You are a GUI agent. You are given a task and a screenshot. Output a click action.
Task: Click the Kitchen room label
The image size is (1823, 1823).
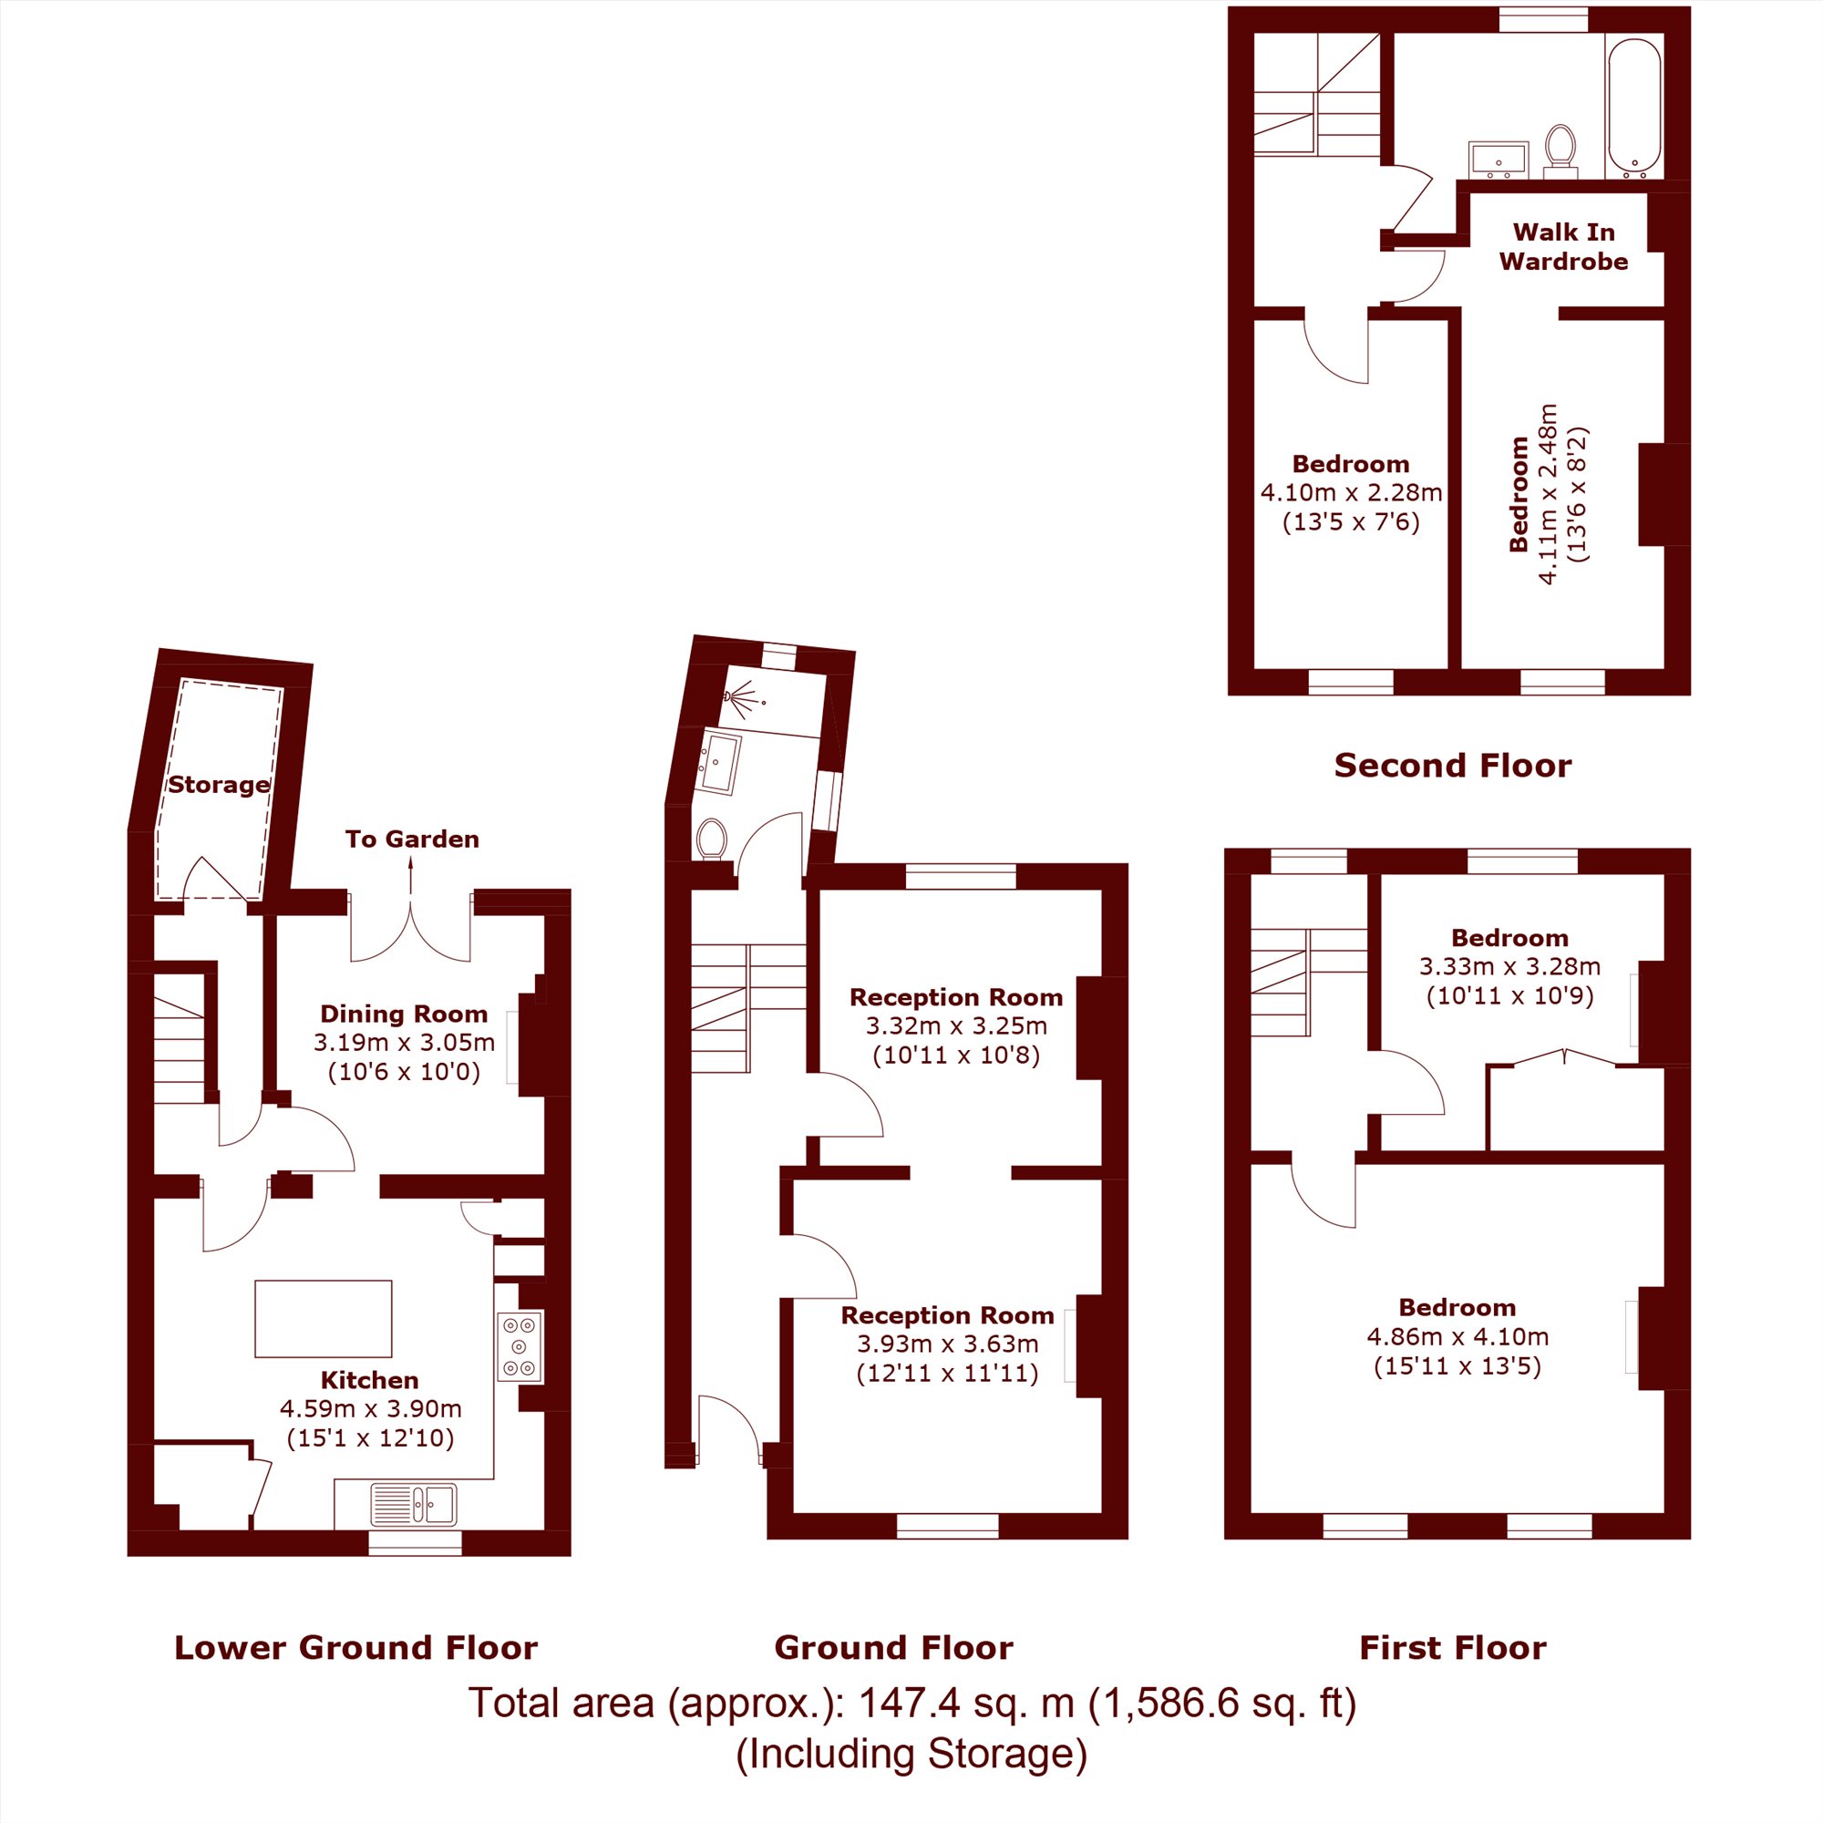point(370,1380)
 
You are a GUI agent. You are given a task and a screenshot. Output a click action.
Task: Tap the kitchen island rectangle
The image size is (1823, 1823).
point(323,1318)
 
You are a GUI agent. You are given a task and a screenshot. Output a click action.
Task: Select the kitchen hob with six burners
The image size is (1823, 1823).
point(520,1347)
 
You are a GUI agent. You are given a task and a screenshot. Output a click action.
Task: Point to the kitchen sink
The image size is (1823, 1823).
point(413,1505)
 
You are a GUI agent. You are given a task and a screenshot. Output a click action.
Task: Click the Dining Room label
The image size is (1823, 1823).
point(404,1014)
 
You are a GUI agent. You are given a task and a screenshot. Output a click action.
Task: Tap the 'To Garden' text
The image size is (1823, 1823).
point(412,839)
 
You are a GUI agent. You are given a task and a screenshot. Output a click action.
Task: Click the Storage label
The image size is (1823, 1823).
point(219,785)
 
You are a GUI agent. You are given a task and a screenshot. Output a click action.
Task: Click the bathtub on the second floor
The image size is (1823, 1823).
point(1633,108)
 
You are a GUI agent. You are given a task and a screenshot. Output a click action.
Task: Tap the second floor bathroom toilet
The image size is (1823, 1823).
point(1560,151)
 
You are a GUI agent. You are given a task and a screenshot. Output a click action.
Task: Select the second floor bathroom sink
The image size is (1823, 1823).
point(1499,159)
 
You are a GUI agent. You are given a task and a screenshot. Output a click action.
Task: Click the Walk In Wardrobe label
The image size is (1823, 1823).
point(1563,246)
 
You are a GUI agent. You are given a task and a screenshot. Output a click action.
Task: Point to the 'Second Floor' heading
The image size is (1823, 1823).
point(1453,766)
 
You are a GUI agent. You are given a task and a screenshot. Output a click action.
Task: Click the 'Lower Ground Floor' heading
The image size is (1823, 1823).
point(355,1647)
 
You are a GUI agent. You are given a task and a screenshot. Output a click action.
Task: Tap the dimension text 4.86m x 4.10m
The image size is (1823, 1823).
point(1457,1337)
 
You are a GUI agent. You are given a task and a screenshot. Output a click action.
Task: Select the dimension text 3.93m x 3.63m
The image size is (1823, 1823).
point(947,1344)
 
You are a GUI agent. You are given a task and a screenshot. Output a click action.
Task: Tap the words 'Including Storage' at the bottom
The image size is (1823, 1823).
point(911,1754)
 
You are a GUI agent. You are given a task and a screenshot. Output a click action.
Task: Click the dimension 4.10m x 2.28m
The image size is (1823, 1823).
point(1351,492)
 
